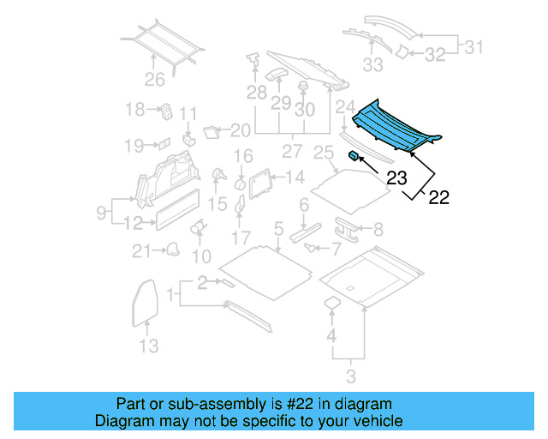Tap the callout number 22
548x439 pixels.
click(x=438, y=198)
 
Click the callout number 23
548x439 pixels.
click(x=396, y=179)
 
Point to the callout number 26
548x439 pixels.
click(x=154, y=81)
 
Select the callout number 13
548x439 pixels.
click(x=148, y=346)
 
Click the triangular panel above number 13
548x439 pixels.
click(x=146, y=301)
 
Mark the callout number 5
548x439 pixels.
click(x=278, y=228)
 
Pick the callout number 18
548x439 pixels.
click(x=134, y=110)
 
